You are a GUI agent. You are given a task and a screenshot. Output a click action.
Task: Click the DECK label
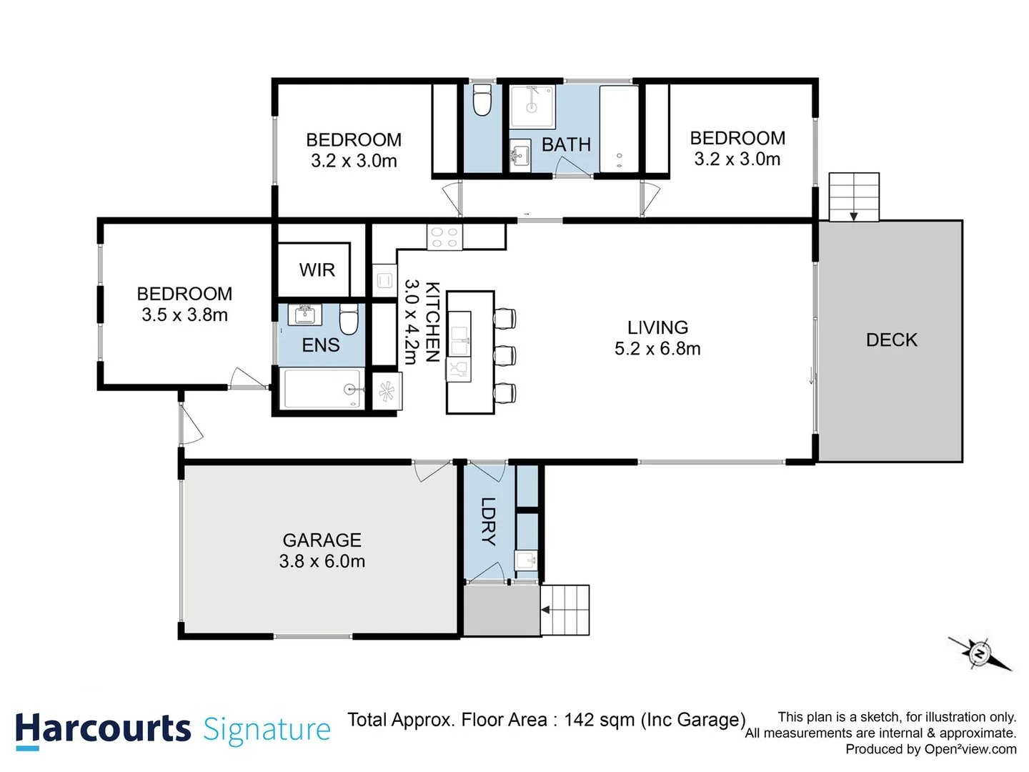(891, 340)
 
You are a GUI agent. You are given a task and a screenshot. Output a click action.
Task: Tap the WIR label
(317, 270)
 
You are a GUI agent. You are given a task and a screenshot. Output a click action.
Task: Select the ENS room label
(321, 345)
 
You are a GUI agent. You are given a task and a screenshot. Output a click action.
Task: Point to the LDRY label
(488, 521)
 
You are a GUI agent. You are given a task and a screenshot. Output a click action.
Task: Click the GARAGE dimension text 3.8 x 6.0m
(322, 561)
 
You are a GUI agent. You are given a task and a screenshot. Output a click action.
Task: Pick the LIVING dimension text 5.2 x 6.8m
(657, 349)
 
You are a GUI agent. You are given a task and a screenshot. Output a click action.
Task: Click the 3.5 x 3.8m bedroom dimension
(184, 315)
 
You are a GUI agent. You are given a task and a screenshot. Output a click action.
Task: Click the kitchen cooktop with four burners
(444, 237)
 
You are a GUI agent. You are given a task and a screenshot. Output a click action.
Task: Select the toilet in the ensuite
(348, 319)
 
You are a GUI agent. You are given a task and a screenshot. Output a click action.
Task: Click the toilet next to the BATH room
(482, 100)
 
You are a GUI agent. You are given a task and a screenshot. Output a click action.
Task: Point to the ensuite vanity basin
(304, 315)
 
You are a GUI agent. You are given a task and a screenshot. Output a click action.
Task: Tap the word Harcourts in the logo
(103, 729)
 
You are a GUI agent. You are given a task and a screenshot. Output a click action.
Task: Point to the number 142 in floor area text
(580, 720)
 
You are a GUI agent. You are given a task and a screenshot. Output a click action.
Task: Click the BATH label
(566, 145)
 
